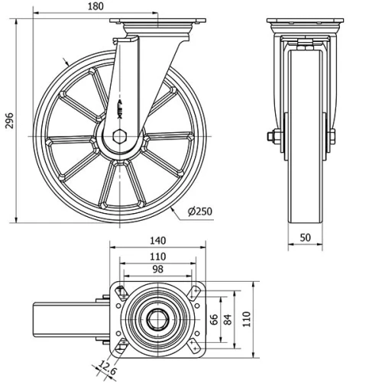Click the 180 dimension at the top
click(x=116, y=7)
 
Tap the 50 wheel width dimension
click(x=306, y=238)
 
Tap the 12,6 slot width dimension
click(x=106, y=370)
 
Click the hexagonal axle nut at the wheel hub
click(x=121, y=137)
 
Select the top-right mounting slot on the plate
click(x=195, y=291)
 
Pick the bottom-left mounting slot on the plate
click(x=120, y=348)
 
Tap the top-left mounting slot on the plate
click(x=120, y=291)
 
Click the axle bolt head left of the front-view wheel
click(x=272, y=137)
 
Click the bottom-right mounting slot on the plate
click(x=195, y=348)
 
